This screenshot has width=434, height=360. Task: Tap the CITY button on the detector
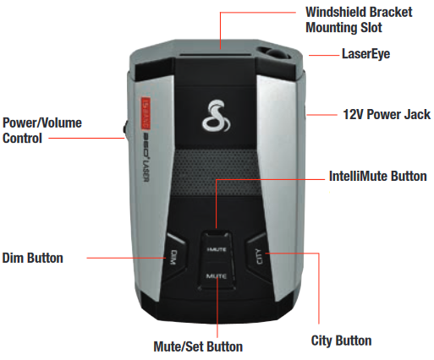[x=258, y=256]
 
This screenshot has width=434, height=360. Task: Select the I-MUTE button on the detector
[x=217, y=248]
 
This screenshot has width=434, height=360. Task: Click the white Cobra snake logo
[x=216, y=116]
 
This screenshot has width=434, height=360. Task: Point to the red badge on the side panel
[x=146, y=113]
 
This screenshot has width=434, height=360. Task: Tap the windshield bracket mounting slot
[x=216, y=55]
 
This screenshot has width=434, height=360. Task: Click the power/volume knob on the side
[x=124, y=129]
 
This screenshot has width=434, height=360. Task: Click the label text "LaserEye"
[x=365, y=54]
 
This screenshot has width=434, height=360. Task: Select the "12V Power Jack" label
[x=387, y=115]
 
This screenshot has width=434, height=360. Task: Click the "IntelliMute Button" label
[x=378, y=177]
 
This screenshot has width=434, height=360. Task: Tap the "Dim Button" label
[x=33, y=258]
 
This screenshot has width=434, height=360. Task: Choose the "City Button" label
[x=341, y=341]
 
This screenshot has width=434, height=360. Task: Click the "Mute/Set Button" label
[x=198, y=346]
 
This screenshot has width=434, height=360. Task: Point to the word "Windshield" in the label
[x=336, y=12]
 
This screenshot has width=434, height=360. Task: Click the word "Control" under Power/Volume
[x=22, y=139]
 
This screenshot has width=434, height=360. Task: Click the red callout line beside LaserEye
[x=324, y=55]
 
